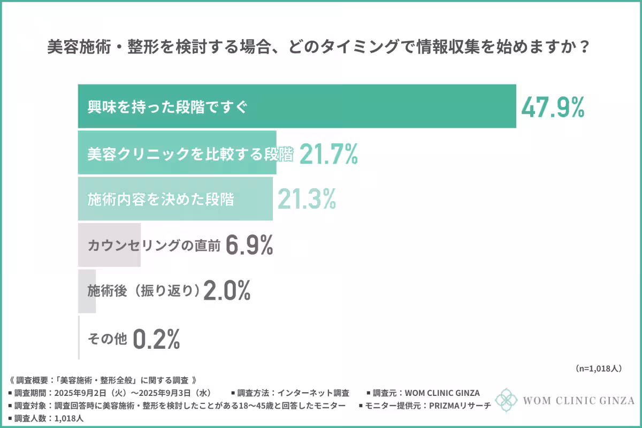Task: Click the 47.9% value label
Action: (553, 108)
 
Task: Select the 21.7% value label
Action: (328, 154)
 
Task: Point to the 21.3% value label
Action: (307, 199)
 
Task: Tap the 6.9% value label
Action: (249, 245)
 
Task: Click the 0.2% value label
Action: (156, 338)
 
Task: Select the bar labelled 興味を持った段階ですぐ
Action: (297, 106)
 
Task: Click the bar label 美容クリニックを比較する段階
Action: (190, 154)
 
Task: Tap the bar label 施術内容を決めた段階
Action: (160, 199)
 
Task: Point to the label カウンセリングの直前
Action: (154, 246)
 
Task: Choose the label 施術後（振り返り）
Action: (143, 291)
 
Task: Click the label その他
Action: (107, 338)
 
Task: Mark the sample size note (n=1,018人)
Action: (598, 368)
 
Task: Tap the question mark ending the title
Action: (585, 48)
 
